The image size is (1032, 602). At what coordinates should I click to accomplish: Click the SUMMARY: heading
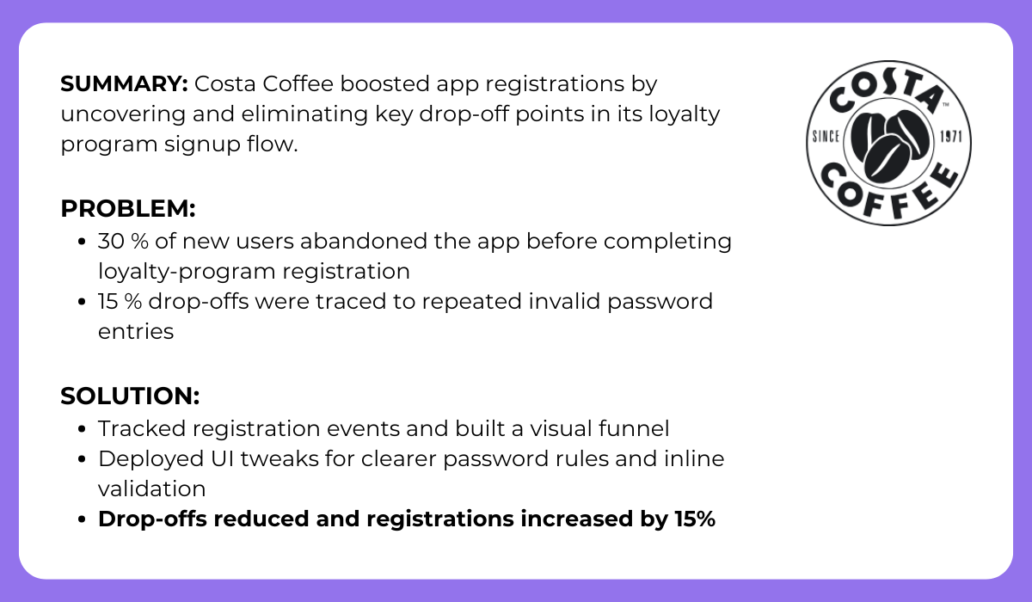tap(124, 84)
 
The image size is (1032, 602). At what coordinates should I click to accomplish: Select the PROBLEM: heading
tap(128, 209)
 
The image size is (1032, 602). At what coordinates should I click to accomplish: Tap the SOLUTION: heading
tap(130, 396)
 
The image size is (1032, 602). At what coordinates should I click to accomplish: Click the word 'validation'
tap(151, 488)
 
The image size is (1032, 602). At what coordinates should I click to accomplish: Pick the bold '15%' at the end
tap(689, 519)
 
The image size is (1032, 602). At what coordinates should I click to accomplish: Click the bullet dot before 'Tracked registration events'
tap(82, 428)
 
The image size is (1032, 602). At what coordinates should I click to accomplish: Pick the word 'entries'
tap(136, 332)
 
